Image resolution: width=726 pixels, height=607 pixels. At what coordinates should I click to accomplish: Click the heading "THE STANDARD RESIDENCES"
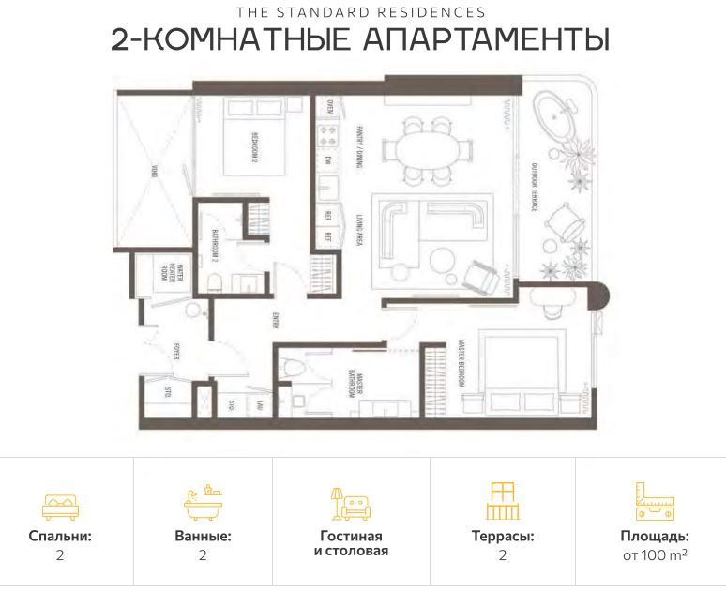click(x=362, y=12)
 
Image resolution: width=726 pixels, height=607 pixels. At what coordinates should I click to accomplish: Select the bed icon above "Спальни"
click(x=60, y=506)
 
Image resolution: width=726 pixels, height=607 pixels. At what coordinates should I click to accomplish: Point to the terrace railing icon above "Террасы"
click(x=503, y=501)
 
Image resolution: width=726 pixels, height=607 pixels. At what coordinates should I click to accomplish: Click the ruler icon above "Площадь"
click(x=655, y=502)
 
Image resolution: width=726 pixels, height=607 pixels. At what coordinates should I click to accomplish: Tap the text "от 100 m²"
click(x=655, y=555)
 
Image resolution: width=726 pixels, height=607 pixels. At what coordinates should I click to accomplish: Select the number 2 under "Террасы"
click(x=503, y=555)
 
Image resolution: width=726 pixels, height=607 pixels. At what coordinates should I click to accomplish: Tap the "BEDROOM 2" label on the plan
click(x=253, y=147)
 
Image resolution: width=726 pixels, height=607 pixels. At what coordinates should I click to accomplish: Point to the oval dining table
click(x=431, y=150)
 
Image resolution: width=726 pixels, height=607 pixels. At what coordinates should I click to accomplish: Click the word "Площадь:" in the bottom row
click(x=655, y=537)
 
